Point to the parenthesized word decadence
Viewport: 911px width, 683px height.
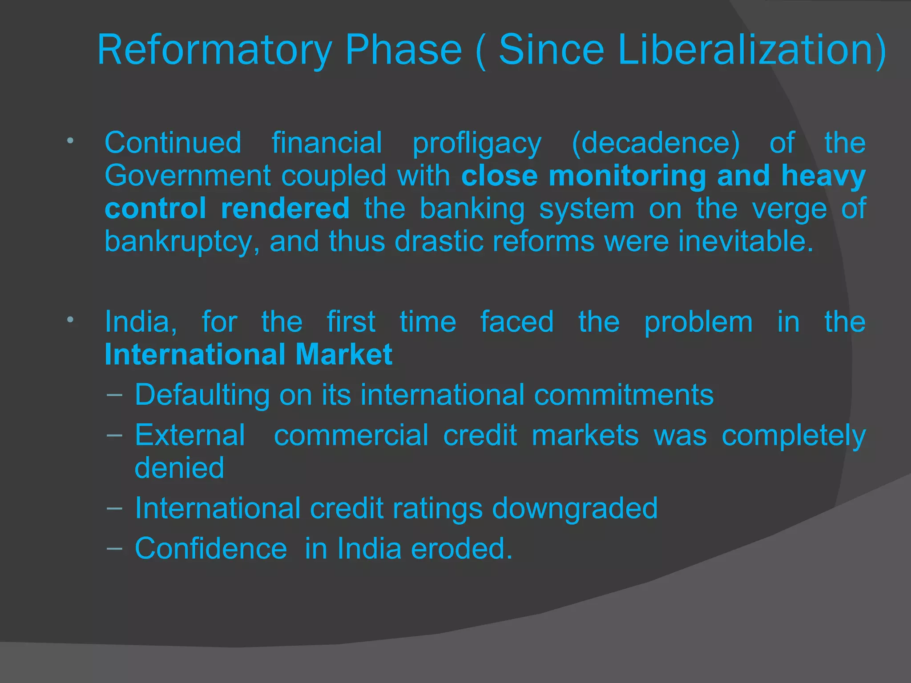click(656, 143)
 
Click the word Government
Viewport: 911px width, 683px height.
click(187, 176)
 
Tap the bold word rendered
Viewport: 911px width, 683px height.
click(285, 208)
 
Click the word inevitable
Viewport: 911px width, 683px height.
click(746, 241)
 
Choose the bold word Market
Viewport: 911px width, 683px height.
click(343, 354)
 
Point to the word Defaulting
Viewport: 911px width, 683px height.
click(202, 395)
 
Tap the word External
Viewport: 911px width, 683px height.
click(190, 435)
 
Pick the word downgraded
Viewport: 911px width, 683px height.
click(575, 508)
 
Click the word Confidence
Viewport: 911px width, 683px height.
click(211, 549)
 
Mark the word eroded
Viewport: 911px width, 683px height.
click(462, 549)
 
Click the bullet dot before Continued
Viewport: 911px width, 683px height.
click(70, 141)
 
